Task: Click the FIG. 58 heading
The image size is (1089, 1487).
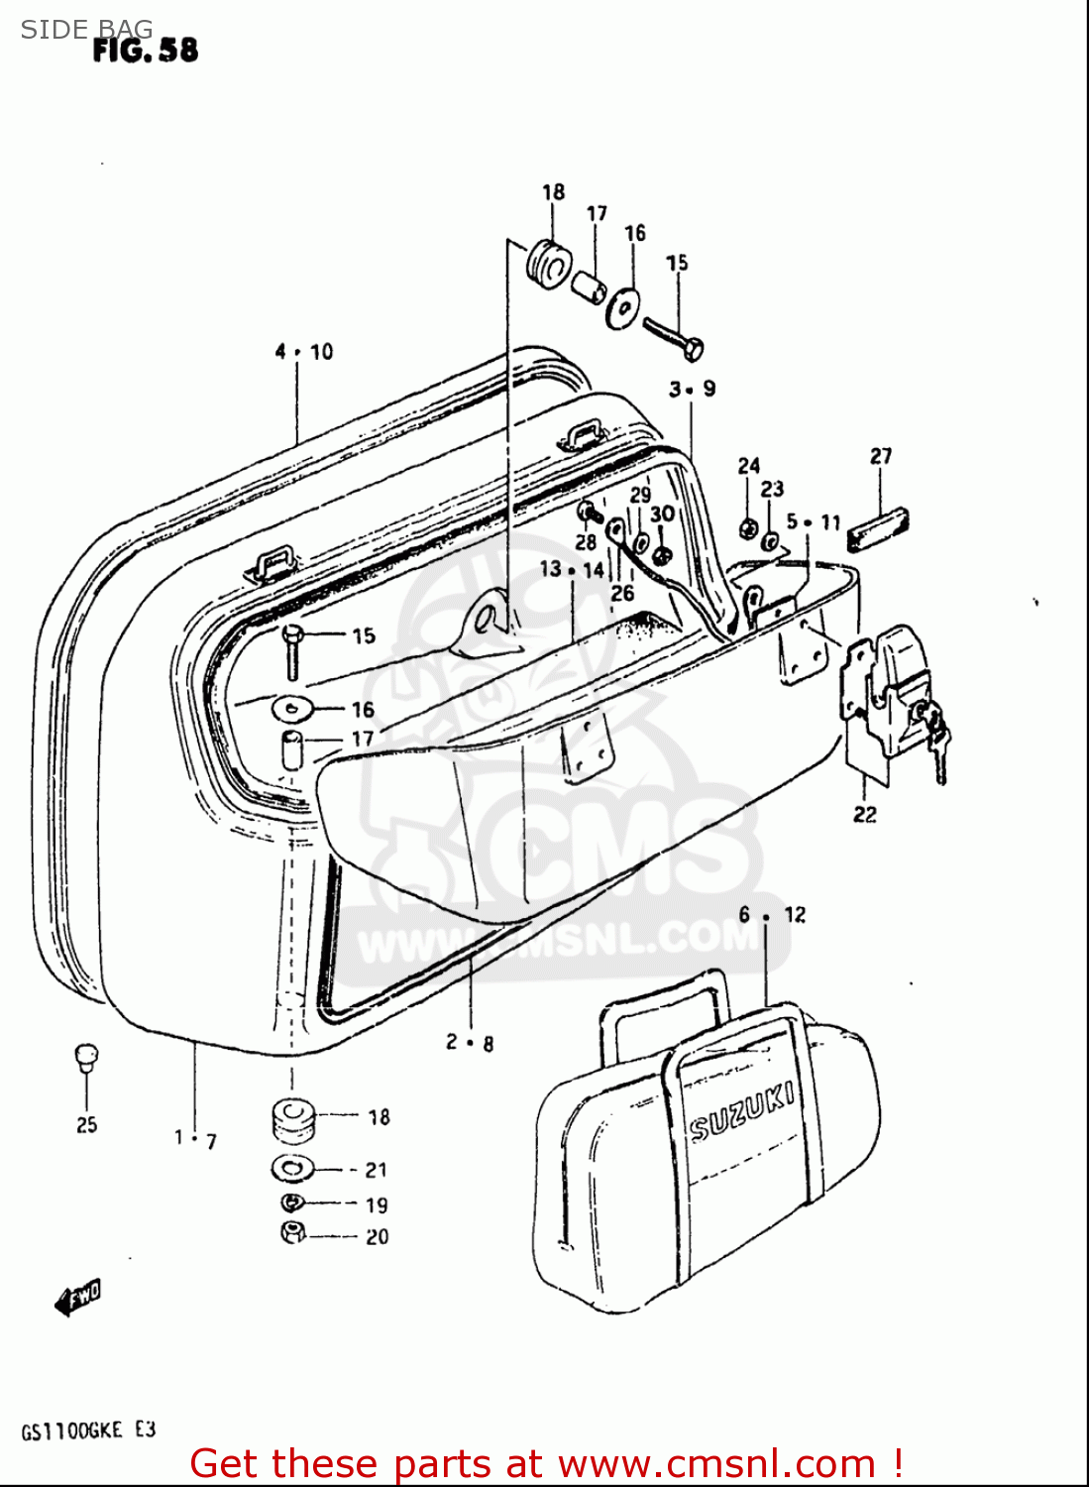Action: (x=146, y=50)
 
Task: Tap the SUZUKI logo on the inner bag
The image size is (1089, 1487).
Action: (x=741, y=1112)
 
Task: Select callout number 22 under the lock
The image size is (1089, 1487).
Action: (x=865, y=815)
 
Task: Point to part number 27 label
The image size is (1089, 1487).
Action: (x=881, y=456)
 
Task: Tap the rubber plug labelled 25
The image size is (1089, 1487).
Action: (x=86, y=1057)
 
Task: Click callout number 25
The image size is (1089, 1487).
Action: (x=87, y=1124)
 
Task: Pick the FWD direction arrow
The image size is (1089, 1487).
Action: (x=78, y=1298)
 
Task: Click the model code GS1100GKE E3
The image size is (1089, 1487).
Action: (x=88, y=1430)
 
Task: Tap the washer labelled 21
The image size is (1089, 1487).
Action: (x=292, y=1168)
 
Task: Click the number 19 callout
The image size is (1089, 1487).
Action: (x=377, y=1205)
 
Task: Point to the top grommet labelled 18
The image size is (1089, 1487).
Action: (x=547, y=261)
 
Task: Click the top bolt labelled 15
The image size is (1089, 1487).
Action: (x=674, y=337)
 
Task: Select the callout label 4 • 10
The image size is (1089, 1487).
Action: (x=304, y=352)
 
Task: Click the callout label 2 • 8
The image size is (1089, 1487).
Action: (x=470, y=1042)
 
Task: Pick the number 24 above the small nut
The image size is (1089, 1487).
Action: (x=749, y=466)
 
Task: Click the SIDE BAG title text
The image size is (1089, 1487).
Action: (x=87, y=30)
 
